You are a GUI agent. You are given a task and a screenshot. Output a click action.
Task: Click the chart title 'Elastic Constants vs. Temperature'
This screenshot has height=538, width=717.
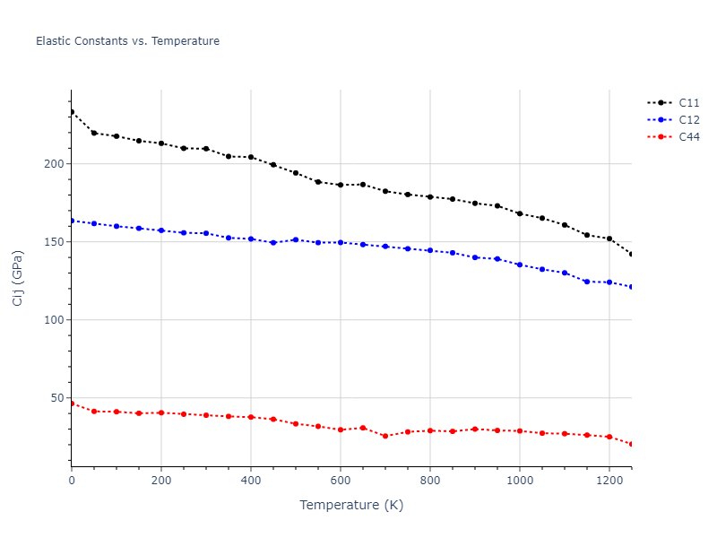click(x=127, y=41)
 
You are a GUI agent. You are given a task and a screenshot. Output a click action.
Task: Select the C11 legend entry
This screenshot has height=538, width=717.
click(x=688, y=103)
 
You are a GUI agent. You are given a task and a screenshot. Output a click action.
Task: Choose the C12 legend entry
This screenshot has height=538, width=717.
click(x=688, y=120)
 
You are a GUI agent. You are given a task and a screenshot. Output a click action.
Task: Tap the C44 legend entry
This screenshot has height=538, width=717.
click(x=688, y=137)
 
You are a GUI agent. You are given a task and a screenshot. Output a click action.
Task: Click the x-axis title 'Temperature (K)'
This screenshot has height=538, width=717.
click(x=351, y=506)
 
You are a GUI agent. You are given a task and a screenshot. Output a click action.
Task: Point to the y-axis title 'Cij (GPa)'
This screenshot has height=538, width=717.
click(x=19, y=278)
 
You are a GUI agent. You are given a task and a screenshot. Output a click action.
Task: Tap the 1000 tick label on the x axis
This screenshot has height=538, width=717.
click(x=520, y=480)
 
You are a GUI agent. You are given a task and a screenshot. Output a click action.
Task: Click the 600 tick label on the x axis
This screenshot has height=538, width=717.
click(x=341, y=480)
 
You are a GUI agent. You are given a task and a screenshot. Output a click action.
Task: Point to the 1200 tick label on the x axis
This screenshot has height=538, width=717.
click(x=609, y=480)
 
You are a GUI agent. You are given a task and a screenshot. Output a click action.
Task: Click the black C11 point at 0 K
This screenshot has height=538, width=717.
click(x=72, y=112)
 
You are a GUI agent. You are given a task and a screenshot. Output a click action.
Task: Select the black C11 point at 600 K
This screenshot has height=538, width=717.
click(x=341, y=185)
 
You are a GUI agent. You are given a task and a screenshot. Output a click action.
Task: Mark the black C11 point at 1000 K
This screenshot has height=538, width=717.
click(x=520, y=213)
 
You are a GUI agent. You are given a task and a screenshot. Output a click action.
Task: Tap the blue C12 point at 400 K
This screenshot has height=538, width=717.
click(x=251, y=239)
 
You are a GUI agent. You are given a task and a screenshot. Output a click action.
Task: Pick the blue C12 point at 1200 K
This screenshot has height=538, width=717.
click(x=609, y=282)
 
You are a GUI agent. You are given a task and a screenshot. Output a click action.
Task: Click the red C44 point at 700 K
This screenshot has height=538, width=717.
click(x=385, y=436)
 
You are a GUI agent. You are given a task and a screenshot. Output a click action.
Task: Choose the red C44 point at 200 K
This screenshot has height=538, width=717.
click(x=161, y=412)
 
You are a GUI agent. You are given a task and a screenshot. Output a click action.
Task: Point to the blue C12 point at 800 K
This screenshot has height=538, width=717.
click(x=430, y=250)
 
